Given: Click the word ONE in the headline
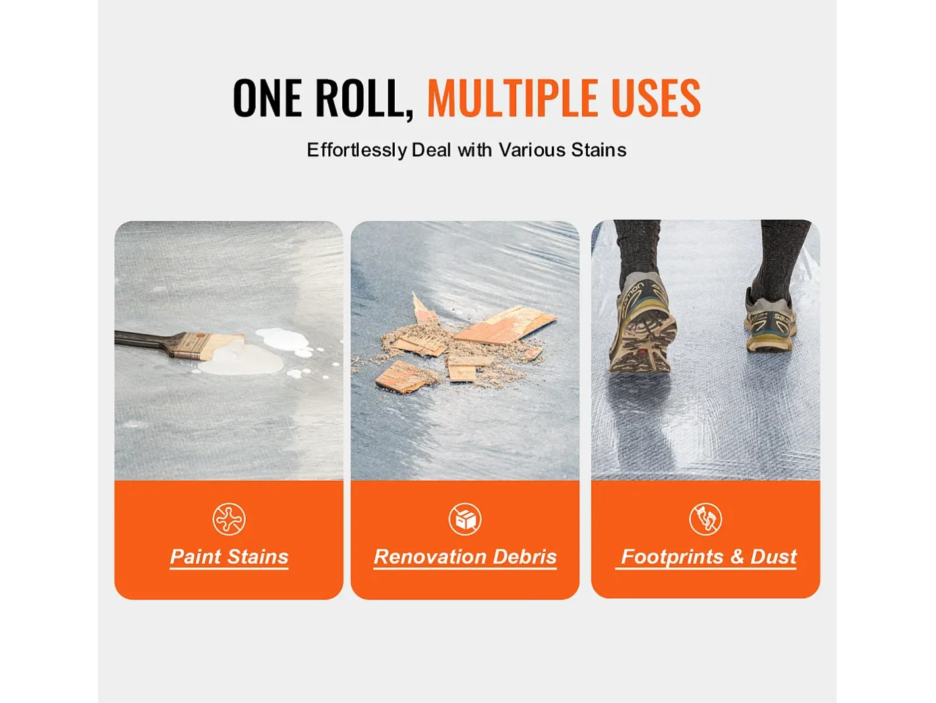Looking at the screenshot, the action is coord(268,98).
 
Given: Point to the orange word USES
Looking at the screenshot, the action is coord(656,98).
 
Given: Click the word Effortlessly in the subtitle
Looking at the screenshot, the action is coord(357,150).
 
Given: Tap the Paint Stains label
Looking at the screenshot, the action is coord(229,557).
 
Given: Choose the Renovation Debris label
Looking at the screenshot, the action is coord(465,557).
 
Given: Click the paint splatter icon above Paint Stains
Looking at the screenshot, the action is coord(229,519).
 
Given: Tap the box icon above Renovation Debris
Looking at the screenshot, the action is coord(465,519).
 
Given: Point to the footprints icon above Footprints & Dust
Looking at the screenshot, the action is coord(705,519).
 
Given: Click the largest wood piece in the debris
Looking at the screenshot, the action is coord(506,324).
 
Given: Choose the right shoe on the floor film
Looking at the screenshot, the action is coord(770,320).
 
